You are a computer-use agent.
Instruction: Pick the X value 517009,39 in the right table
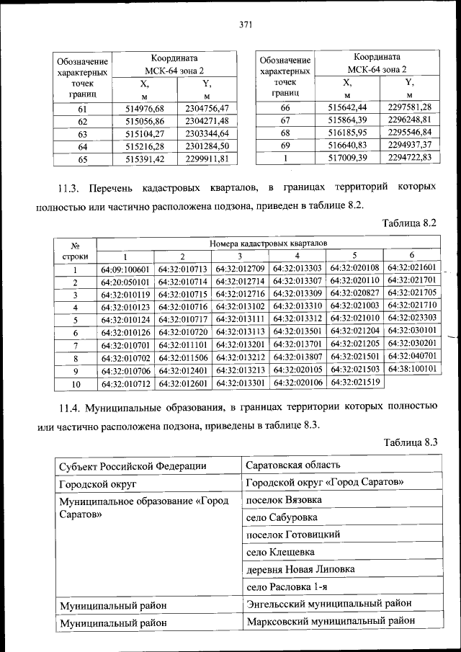347,158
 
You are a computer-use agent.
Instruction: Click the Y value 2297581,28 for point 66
409,107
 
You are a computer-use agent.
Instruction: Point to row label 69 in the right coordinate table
285,145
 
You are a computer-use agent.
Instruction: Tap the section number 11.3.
70,187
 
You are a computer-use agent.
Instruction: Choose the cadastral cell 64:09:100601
125,270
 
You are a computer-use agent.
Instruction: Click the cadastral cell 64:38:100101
412,367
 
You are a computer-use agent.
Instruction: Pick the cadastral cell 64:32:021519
354,382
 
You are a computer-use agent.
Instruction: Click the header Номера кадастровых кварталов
269,244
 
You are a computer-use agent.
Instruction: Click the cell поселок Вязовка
284,499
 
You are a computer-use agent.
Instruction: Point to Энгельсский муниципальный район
329,603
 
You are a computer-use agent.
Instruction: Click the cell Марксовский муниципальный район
331,620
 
